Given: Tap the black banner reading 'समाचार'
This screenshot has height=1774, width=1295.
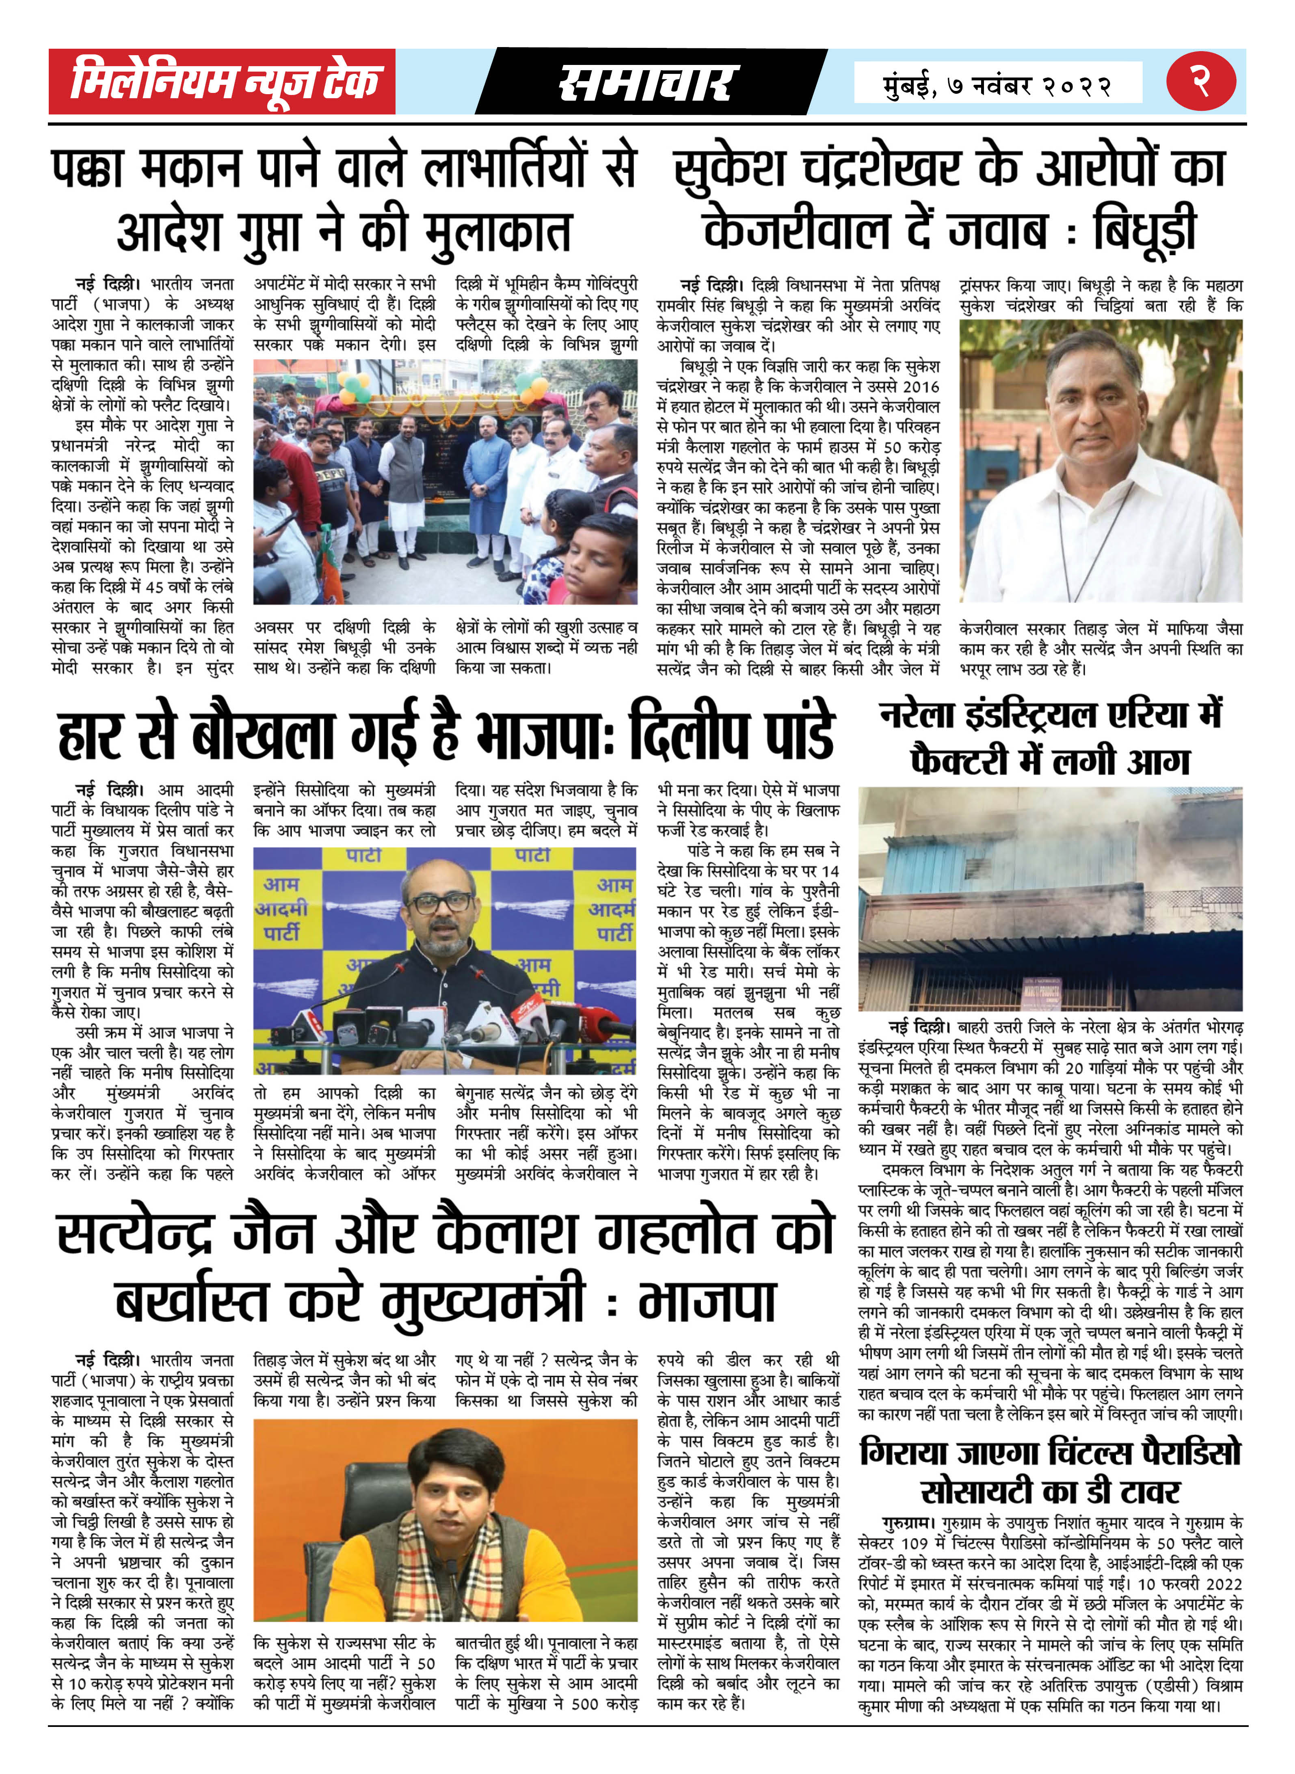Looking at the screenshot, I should [x=647, y=82].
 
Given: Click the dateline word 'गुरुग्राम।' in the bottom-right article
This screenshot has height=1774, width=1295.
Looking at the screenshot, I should [x=908, y=1523].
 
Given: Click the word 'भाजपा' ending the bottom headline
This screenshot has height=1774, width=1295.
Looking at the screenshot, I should [x=707, y=1302].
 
